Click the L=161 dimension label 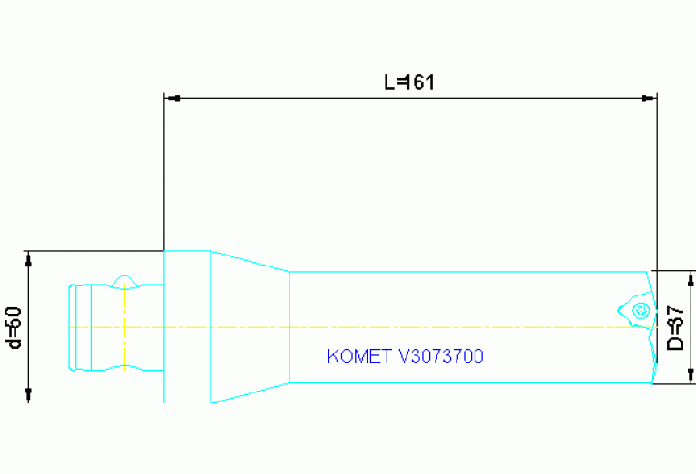[409, 82]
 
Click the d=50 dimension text [14, 326]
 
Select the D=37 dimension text [675, 327]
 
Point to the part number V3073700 [441, 356]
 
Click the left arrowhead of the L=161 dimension [170, 97]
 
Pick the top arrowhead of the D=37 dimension [691, 277]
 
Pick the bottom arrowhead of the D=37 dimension [691, 377]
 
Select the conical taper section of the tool [250, 326]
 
